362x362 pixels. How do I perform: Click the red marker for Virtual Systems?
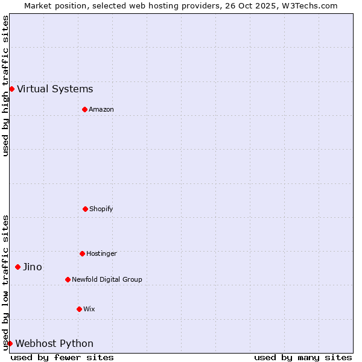pos(11,89)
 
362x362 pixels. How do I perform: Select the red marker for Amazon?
pos(84,109)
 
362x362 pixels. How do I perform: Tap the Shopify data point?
pos(85,209)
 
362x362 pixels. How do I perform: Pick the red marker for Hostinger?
pos(82,253)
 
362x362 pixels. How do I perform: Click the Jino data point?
pos(17,267)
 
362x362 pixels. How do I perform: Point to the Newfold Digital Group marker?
pos(68,279)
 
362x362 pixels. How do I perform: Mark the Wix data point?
pos(79,309)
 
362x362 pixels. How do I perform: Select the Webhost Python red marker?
pos(10,343)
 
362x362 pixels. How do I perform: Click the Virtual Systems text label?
pos(55,89)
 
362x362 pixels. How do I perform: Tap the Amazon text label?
pos(101,109)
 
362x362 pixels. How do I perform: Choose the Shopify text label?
pos(101,209)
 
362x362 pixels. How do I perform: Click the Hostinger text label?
pos(101,253)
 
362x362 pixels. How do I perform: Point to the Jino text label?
pos(33,267)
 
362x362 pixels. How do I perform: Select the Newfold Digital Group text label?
pos(107,279)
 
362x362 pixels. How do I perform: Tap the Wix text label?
pos(89,309)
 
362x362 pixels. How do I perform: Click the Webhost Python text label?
pos(54,344)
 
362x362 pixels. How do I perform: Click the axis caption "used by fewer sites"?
pos(62,357)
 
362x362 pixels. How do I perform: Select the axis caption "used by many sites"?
pos(303,357)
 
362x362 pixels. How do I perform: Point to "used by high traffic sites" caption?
pos(5,86)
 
